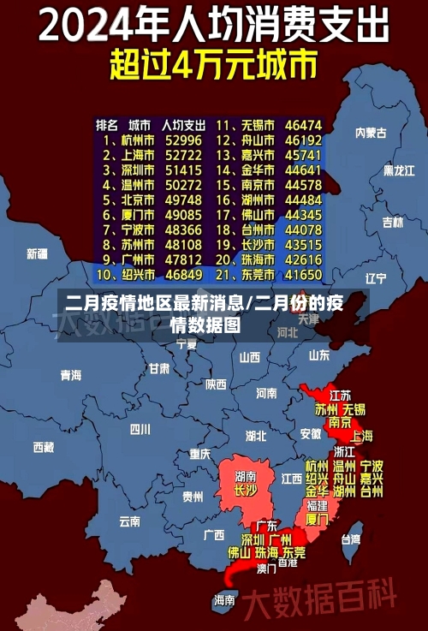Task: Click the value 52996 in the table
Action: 184,139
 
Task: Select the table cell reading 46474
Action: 304,124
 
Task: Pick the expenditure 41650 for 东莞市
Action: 304,275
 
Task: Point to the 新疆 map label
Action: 37,253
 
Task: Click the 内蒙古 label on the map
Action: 371,133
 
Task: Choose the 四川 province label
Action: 140,429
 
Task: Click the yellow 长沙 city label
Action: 246,491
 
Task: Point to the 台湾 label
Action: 351,539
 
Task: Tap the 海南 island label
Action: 224,600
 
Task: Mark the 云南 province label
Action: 130,520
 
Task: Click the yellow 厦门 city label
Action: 317,519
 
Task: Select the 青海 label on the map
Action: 70,375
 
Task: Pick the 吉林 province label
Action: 392,223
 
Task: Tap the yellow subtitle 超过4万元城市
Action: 213,65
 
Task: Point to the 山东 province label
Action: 319,354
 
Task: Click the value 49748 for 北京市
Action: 184,199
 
